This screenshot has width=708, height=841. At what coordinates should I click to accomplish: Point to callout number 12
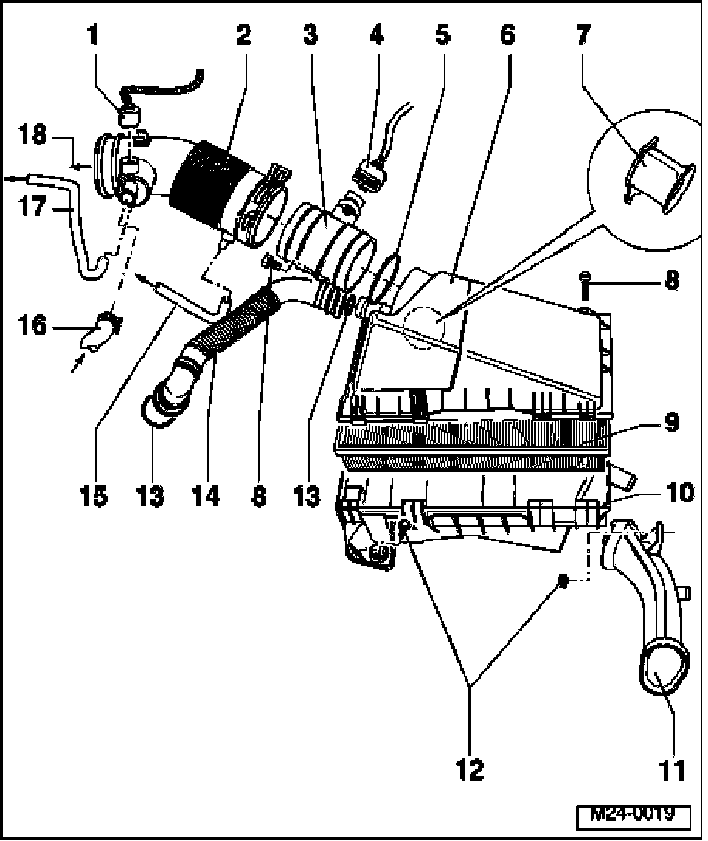[470, 769]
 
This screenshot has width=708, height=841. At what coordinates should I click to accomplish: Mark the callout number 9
[670, 423]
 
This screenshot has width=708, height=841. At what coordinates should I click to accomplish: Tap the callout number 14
[205, 496]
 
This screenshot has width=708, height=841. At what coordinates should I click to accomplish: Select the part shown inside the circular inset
[661, 175]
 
